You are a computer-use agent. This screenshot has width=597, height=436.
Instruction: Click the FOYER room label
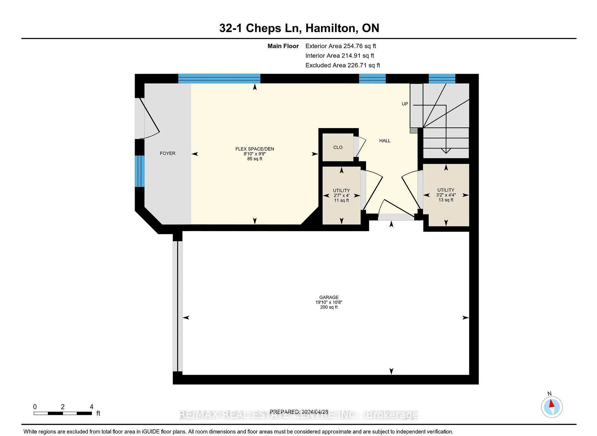[167, 154]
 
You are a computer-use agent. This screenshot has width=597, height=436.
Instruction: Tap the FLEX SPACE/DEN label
[255, 149]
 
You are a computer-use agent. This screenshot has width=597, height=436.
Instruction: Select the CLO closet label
[338, 148]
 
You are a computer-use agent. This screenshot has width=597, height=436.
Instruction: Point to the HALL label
[385, 141]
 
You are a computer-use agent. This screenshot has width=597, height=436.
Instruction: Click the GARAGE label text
[329, 297]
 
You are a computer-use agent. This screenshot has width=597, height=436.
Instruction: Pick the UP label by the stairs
[405, 104]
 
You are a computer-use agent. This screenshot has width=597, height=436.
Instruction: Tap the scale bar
[63, 413]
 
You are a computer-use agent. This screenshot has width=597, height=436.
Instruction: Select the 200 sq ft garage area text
[329, 307]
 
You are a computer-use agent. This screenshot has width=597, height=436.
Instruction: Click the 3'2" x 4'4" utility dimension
[446, 195]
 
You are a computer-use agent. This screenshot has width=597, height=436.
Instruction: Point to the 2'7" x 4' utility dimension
[341, 195]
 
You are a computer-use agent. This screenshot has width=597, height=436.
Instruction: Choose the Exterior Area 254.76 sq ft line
[341, 46]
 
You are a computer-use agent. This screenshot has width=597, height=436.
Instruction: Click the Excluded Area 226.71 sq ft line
[343, 65]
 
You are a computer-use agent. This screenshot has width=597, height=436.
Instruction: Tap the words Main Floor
[283, 46]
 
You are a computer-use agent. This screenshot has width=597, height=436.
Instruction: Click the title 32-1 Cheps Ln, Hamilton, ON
[299, 28]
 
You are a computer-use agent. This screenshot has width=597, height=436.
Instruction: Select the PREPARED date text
[299, 412]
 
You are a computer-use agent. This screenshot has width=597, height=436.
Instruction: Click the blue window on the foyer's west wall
[140, 171]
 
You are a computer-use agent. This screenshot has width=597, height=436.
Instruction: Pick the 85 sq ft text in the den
[255, 159]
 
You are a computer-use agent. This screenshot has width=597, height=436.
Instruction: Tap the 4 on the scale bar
[92, 407]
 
